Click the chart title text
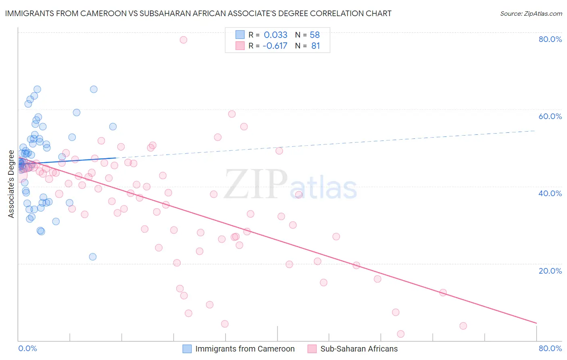pyautogui.click(x=198, y=13)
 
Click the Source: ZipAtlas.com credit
pyautogui.click(x=531, y=14)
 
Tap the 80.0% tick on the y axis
pyautogui.click(x=550, y=39)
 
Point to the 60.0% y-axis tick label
pyautogui.click(x=550, y=116)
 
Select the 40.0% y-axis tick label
pyautogui.click(x=550, y=193)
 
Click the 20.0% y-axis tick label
pyautogui.click(x=550, y=271)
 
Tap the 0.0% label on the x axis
pyautogui.click(x=27, y=348)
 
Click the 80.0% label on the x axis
pyautogui.click(x=550, y=348)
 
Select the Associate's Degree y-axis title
pyautogui.click(x=11, y=184)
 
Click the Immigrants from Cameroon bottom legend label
pyautogui.click(x=245, y=349)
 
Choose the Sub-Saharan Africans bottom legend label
pyautogui.click(x=359, y=349)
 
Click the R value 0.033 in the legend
pyautogui.click(x=275, y=35)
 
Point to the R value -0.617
pyautogui.click(x=275, y=46)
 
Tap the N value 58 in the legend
pyautogui.click(x=315, y=35)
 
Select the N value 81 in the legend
pyautogui.click(x=315, y=46)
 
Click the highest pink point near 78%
pyautogui.click(x=183, y=40)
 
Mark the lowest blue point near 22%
pyautogui.click(x=93, y=257)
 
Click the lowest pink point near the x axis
pyautogui.click(x=400, y=334)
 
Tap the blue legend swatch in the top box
pyautogui.click(x=240, y=35)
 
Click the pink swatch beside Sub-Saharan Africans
pyautogui.click(x=312, y=349)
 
